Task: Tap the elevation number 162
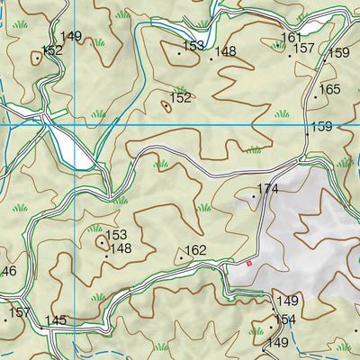(x=196, y=250)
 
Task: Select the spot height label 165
(x=330, y=89)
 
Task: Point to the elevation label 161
(x=291, y=38)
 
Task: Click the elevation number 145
(x=56, y=320)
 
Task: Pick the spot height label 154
(x=285, y=319)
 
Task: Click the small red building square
(x=249, y=264)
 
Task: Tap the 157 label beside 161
(x=305, y=48)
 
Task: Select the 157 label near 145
(x=20, y=313)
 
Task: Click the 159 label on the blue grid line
(x=321, y=126)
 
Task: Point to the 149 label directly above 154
(x=287, y=301)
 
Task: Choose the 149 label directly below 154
(x=278, y=342)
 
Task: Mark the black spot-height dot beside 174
(x=255, y=195)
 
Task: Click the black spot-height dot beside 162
(x=181, y=257)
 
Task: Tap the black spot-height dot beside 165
(x=316, y=96)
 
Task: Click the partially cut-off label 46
(x=8, y=271)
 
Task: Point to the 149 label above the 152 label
(x=71, y=37)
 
